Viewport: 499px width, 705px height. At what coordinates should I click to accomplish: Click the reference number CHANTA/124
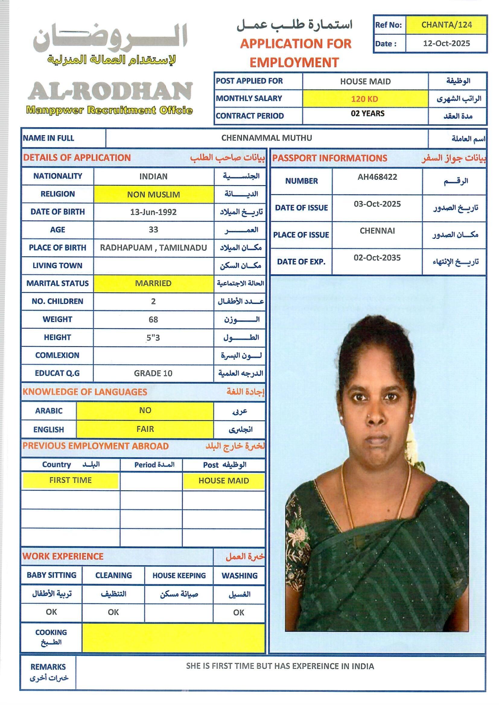tap(447, 24)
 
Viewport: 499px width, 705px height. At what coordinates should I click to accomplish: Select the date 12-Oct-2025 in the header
tap(447, 43)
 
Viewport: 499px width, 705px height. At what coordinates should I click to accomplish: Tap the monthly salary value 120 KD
tap(365, 99)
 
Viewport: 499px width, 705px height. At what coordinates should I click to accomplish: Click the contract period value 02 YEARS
tap(367, 114)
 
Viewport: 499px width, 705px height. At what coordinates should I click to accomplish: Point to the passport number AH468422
tap(377, 177)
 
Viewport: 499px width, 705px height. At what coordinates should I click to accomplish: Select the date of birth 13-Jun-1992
tap(153, 212)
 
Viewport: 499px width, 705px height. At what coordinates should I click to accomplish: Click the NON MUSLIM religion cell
tap(153, 194)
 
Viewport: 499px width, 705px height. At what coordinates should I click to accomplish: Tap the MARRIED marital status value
tap(153, 283)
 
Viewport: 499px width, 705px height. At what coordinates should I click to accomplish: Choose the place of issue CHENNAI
tap(377, 231)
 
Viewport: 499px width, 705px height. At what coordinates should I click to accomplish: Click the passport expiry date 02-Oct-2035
tap(377, 258)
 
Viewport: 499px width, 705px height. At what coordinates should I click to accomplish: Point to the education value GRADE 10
tap(153, 373)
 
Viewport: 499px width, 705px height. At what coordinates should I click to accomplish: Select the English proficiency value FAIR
tap(145, 429)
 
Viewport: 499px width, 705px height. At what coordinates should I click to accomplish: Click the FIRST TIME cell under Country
tap(70, 480)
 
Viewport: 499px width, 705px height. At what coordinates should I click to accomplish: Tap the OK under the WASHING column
tap(239, 612)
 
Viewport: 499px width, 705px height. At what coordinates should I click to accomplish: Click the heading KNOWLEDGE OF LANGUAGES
tap(85, 392)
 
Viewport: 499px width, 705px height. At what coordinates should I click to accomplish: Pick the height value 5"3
tap(153, 338)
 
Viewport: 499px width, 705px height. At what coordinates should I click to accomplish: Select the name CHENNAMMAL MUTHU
tap(266, 138)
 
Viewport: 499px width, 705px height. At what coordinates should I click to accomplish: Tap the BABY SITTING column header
tap(51, 575)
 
